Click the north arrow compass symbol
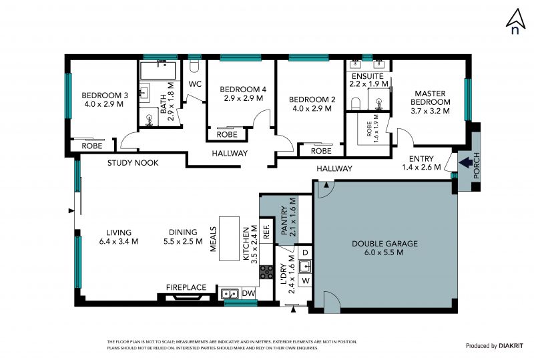[515, 21]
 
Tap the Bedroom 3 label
[105, 100]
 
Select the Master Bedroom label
[430, 102]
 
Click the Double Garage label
[384, 248]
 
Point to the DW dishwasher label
[248, 293]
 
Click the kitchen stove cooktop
[266, 272]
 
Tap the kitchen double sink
[229, 293]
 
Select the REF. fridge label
[266, 231]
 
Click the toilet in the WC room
[194, 67]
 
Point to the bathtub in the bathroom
[158, 71]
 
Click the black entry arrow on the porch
[465, 162]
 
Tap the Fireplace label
[186, 287]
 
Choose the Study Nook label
[133, 162]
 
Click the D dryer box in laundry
[305, 252]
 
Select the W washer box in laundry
[306, 281]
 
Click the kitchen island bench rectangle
[229, 238]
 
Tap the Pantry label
[288, 217]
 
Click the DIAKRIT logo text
[511, 346]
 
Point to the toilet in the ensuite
[355, 104]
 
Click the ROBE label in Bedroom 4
[227, 134]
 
